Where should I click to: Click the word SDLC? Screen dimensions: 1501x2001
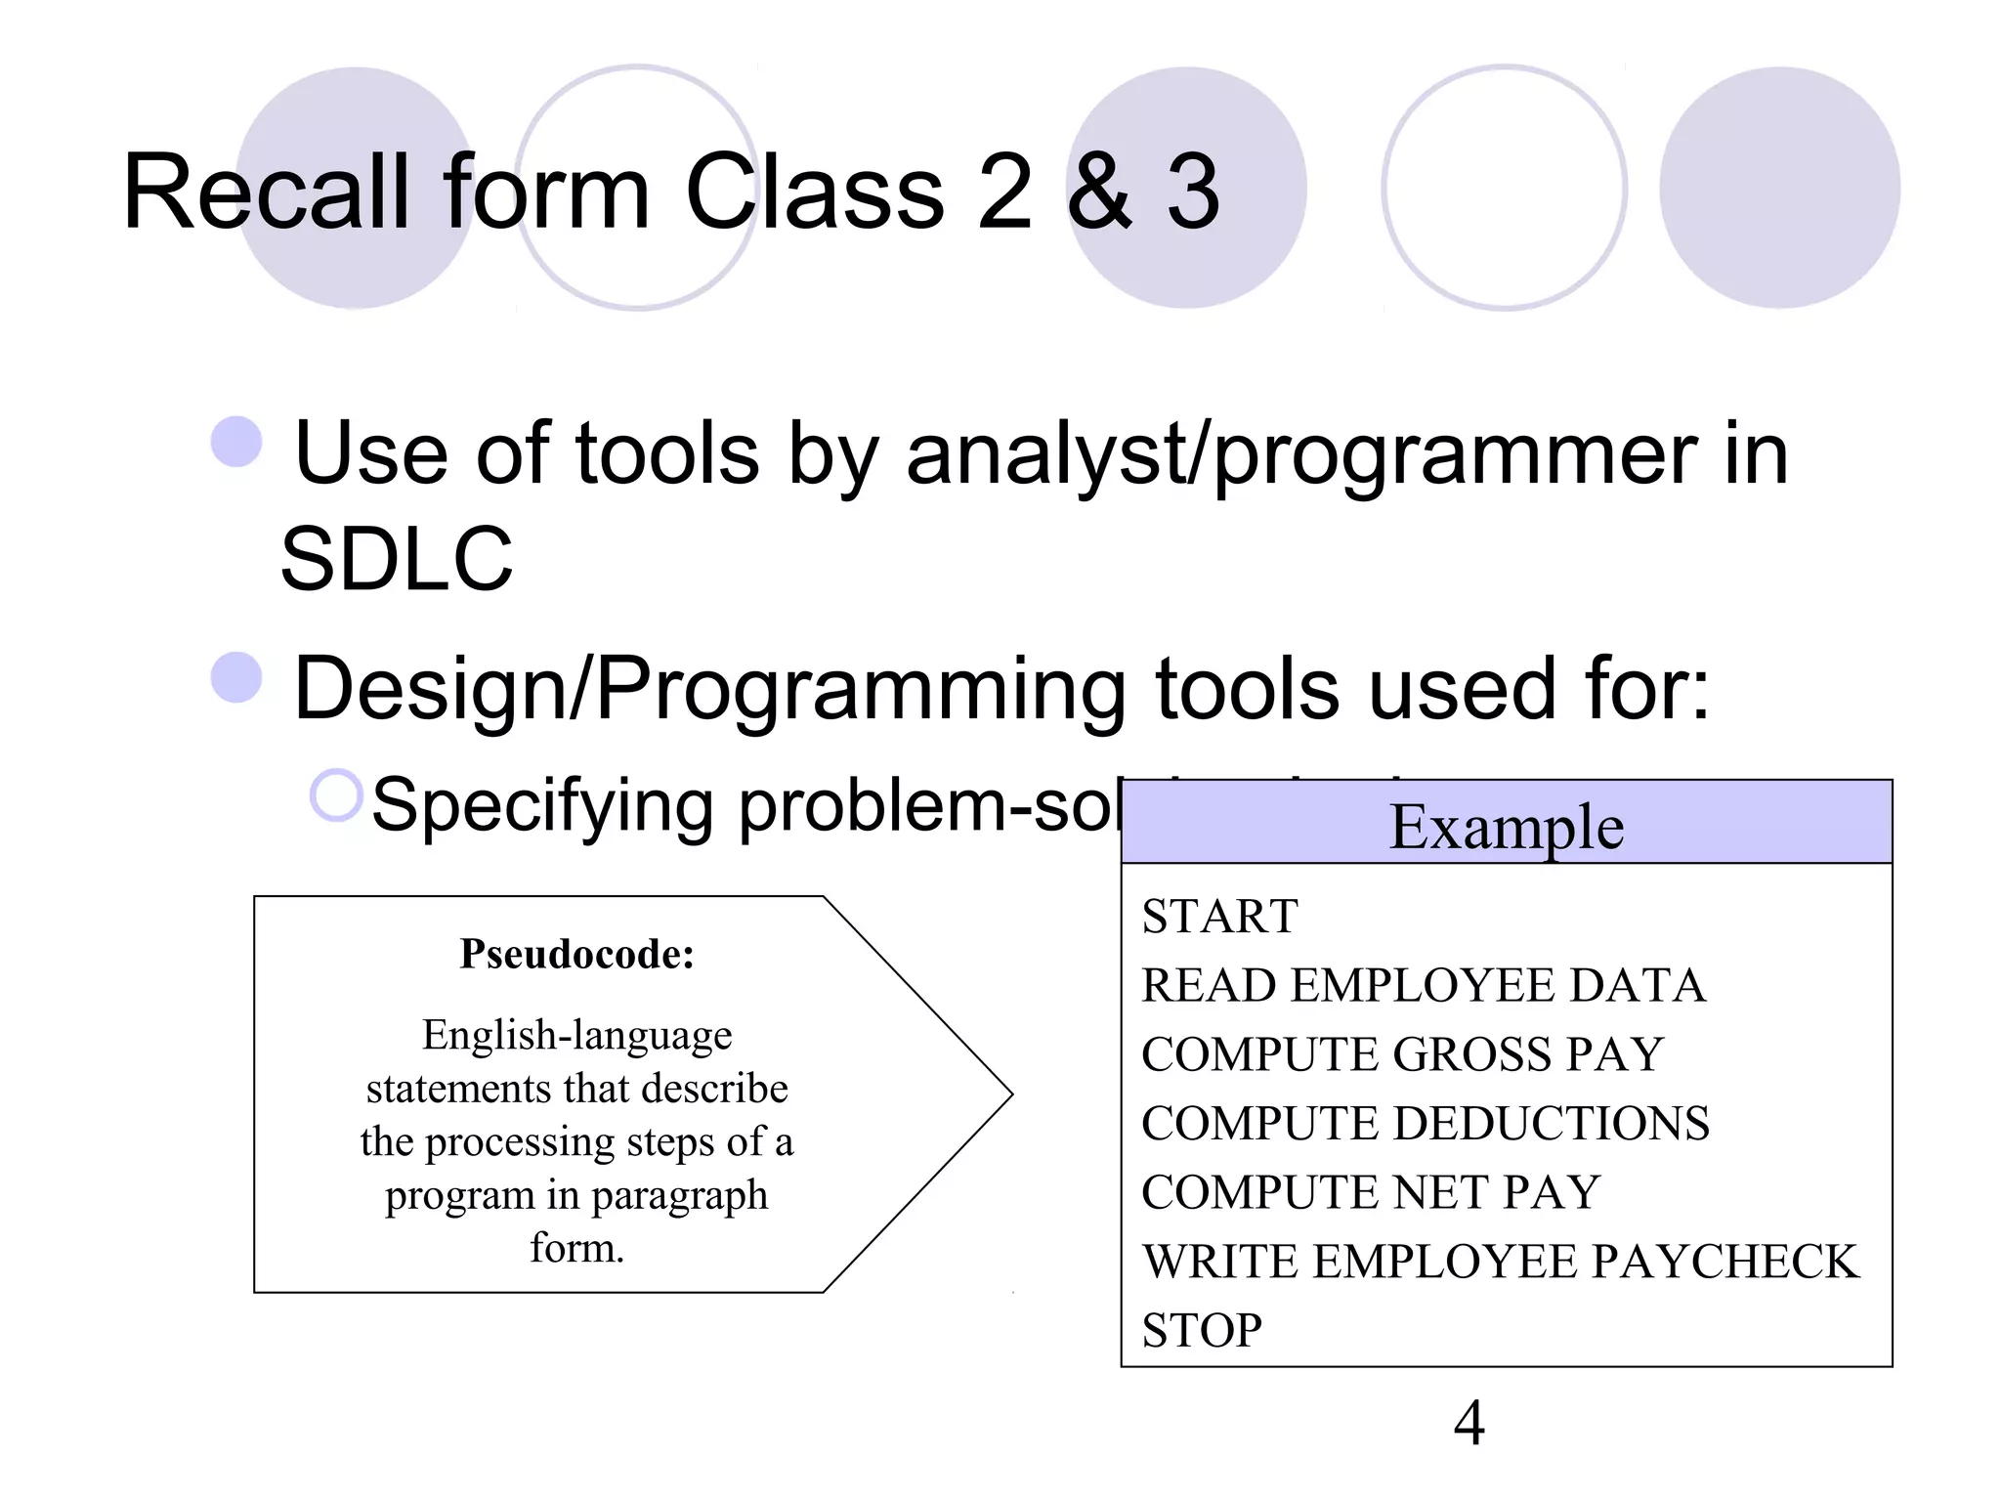tap(397, 559)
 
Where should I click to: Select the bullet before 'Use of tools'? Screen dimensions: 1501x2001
tap(236, 442)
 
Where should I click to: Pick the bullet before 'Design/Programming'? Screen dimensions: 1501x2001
tap(236, 676)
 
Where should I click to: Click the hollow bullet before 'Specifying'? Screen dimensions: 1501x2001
tap(336, 794)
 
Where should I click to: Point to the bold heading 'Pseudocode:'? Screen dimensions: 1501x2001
tap(576, 954)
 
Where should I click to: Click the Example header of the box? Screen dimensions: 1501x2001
tap(1506, 827)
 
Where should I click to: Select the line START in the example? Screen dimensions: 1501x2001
tap(1219, 917)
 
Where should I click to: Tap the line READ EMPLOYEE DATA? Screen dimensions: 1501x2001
tap(1424, 985)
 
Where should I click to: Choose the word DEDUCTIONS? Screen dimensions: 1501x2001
tap(1552, 1123)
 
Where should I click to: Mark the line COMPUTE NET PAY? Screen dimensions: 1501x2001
tap(1370, 1192)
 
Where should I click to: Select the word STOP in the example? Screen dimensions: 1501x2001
tap(1202, 1330)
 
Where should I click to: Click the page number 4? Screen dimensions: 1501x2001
tap(1469, 1423)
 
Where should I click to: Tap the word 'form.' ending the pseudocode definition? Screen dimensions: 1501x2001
tap(576, 1248)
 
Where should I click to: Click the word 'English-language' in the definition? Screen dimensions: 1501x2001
tap(576, 1035)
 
